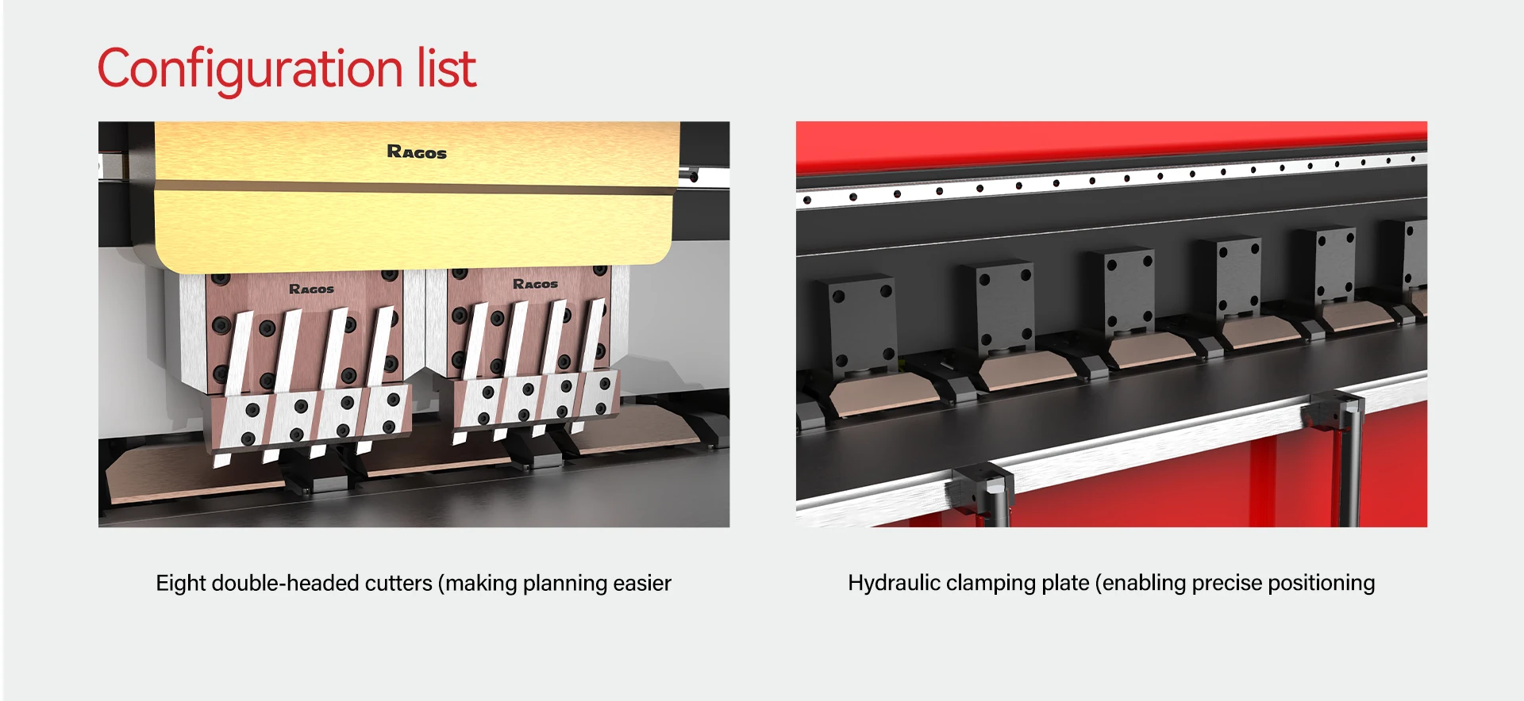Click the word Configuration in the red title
pos(251,70)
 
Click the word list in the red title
pos(446,68)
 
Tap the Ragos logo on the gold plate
pos(416,151)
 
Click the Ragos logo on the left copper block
pos(311,289)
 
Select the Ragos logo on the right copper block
pos(535,284)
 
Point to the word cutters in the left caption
pos(398,584)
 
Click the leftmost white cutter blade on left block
pos(239,353)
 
